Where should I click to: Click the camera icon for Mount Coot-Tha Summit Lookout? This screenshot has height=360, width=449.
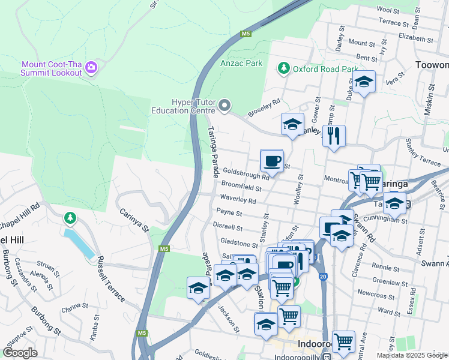(91, 67)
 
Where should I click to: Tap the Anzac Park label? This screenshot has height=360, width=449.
(241, 63)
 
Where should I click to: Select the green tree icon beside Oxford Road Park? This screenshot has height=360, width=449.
(284, 68)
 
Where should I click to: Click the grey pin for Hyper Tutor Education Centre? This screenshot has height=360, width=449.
(224, 106)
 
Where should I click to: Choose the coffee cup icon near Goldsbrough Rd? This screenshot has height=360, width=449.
(272, 161)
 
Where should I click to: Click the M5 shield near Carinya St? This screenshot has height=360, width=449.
(164, 248)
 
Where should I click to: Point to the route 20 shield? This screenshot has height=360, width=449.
(323, 276)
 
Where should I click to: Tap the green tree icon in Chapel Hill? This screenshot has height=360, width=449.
(70, 217)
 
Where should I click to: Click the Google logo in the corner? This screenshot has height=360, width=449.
(20, 353)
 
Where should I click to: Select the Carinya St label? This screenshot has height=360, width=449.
(133, 220)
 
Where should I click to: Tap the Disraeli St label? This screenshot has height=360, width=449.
(228, 227)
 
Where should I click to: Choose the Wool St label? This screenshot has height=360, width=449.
(388, 10)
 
